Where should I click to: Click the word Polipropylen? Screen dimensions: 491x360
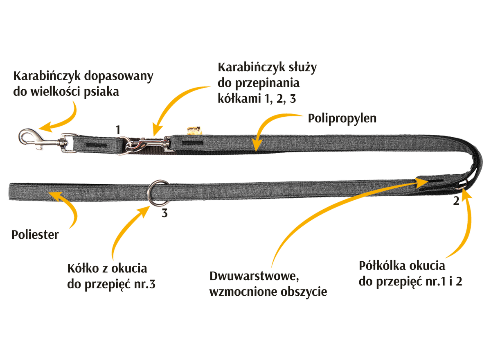[x=342, y=119]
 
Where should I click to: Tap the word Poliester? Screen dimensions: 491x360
[x=35, y=235]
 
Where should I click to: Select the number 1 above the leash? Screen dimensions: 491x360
[x=118, y=130]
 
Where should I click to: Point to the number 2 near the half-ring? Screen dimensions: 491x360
[x=456, y=201]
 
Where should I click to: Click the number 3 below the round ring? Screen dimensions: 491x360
[x=164, y=213]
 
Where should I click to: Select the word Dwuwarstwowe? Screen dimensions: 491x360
[x=254, y=276]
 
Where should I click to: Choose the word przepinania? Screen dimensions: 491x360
[x=267, y=84]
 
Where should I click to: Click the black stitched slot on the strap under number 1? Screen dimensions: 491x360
[x=96, y=145]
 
